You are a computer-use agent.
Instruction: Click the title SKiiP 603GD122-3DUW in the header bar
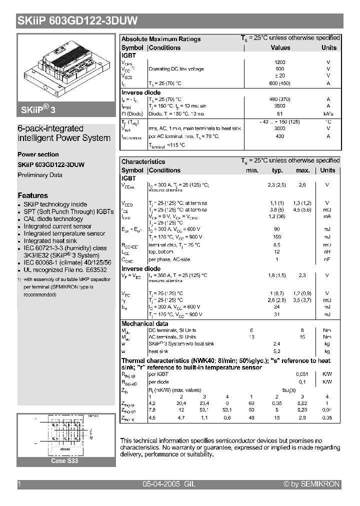tap(77, 21)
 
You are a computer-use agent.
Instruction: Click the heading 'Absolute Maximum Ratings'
tap(161, 39)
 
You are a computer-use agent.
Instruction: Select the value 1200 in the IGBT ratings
tap(280, 62)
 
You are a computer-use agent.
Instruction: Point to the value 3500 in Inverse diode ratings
tap(280, 106)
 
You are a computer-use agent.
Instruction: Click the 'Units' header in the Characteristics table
tap(327, 170)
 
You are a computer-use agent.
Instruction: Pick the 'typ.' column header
tap(277, 170)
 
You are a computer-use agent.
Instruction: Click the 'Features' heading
tap(33, 195)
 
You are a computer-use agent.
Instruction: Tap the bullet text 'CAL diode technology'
tap(53, 219)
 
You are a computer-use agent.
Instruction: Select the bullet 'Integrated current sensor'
tap(57, 226)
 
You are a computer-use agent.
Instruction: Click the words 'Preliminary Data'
tap(40, 175)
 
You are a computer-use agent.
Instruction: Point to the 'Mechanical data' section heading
tap(145, 323)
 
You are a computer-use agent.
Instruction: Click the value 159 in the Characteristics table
tap(276, 236)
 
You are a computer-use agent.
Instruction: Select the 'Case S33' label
tap(65, 461)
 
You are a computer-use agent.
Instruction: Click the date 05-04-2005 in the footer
tap(161, 484)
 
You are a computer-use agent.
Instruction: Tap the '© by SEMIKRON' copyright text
tap(311, 484)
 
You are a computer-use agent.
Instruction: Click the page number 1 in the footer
tap(19, 484)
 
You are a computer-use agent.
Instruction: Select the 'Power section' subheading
tap(38, 154)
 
